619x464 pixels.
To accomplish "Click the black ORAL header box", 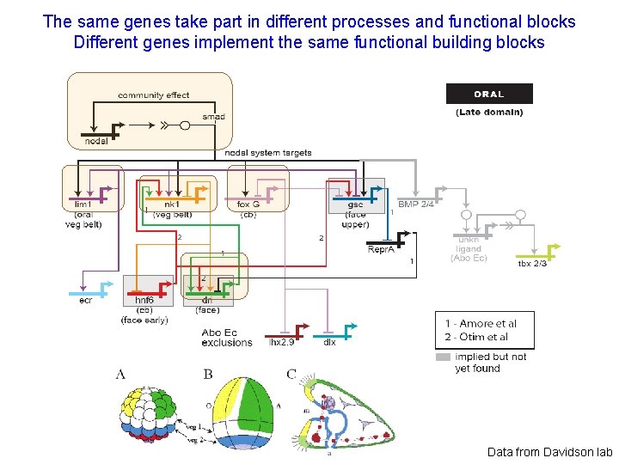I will tap(488, 94).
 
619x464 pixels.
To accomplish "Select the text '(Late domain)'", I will tap(488, 112).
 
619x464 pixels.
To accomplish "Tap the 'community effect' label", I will tap(153, 95).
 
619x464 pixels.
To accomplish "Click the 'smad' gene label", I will tap(213, 117).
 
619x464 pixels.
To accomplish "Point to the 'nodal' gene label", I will tap(95, 141).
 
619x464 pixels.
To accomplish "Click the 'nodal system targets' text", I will tap(268, 153).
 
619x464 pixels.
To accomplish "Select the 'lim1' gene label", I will tap(83, 205).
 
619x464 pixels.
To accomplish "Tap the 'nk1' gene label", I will tap(172, 205).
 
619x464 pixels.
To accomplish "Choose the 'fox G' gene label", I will tap(248, 205).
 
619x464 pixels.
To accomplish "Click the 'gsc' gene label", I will tap(355, 205).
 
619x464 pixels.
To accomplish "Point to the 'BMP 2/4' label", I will tap(415, 204).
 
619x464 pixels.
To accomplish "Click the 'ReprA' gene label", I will tap(381, 249).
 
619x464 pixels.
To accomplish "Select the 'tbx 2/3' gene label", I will tap(532, 263).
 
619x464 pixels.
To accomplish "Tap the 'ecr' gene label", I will tap(86, 300).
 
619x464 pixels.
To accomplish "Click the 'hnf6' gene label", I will tap(144, 301).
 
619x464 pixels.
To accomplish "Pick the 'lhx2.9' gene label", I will tap(282, 342).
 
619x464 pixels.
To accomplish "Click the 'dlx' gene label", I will tap(329, 342).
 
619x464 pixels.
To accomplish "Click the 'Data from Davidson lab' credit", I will tap(550, 451).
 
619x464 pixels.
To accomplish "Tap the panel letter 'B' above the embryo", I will tap(207, 374).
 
